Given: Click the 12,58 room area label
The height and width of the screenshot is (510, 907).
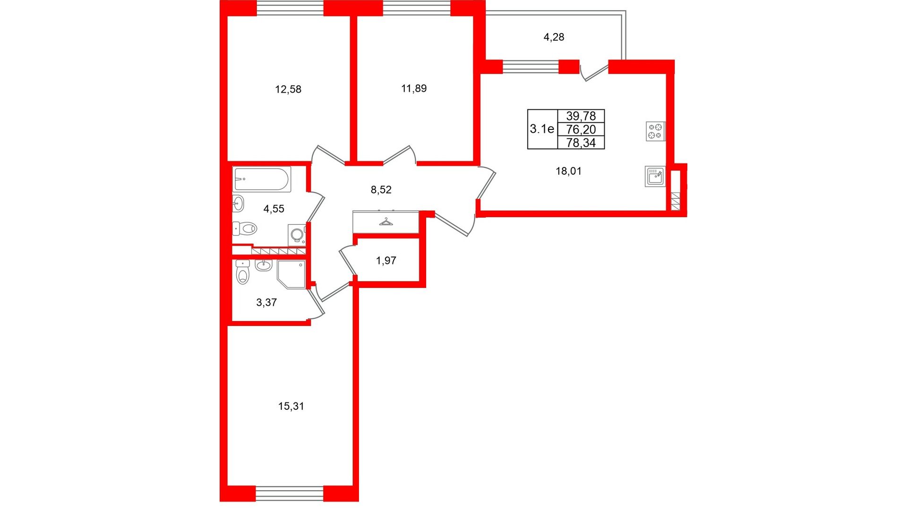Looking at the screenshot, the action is [288, 89].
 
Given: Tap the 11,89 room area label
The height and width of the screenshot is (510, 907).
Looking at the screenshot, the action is [414, 88].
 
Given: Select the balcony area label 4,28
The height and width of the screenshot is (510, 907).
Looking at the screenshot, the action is [554, 37].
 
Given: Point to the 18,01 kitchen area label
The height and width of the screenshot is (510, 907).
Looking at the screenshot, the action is [568, 171].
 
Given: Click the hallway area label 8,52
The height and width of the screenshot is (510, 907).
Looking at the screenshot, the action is [381, 190].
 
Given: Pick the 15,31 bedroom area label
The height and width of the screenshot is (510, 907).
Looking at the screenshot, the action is [291, 406].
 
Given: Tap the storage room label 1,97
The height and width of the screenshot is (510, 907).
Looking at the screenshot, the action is [386, 261].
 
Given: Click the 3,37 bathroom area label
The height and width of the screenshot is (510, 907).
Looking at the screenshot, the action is [266, 303].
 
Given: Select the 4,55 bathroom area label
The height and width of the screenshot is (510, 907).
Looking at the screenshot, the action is [274, 209].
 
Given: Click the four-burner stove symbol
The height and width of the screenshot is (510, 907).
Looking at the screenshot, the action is [656, 131].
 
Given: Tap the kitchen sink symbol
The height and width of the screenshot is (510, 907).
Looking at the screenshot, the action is [655, 176].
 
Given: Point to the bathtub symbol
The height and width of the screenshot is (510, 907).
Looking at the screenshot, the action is [262, 179].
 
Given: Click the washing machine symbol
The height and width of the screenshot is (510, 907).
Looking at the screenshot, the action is [297, 235].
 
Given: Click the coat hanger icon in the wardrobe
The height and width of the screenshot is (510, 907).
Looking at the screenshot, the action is [386, 222].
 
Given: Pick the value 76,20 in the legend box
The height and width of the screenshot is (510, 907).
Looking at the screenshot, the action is [581, 129].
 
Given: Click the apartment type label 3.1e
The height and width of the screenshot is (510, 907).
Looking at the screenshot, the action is [542, 129].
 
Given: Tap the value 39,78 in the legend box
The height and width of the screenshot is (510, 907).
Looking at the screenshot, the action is [581, 116].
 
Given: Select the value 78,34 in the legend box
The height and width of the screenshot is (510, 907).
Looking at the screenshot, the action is [581, 143].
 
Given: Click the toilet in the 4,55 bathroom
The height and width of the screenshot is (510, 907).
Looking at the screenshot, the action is [245, 229].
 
